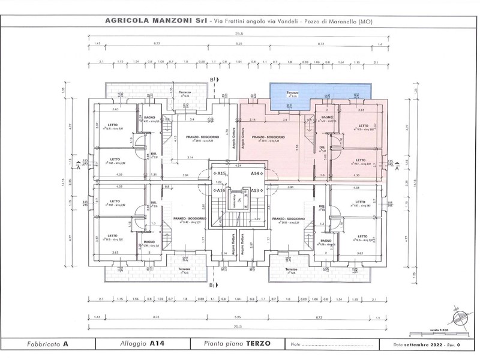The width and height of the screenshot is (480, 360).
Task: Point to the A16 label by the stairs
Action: (x=221, y=190)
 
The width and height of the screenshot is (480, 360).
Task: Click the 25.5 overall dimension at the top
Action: (x=239, y=35)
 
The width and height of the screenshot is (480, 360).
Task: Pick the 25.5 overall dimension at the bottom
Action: (x=239, y=327)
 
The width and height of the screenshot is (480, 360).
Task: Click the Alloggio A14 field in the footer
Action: (x=142, y=344)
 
